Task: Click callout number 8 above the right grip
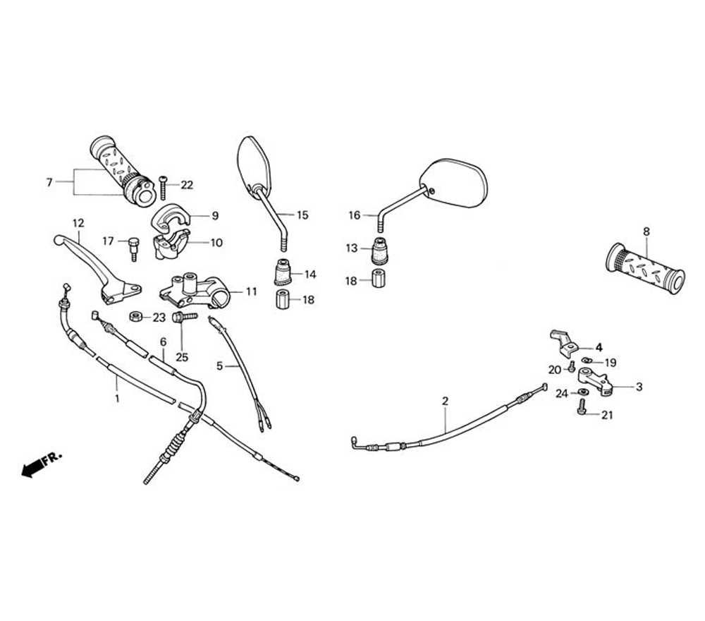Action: tap(646, 231)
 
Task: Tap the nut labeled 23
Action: tap(135, 317)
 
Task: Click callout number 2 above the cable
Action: tap(445, 402)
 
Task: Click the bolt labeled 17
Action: tap(132, 248)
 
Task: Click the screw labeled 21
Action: tap(582, 407)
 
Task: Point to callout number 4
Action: tap(599, 347)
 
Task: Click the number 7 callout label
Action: tap(49, 183)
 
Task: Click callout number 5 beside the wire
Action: tap(219, 366)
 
